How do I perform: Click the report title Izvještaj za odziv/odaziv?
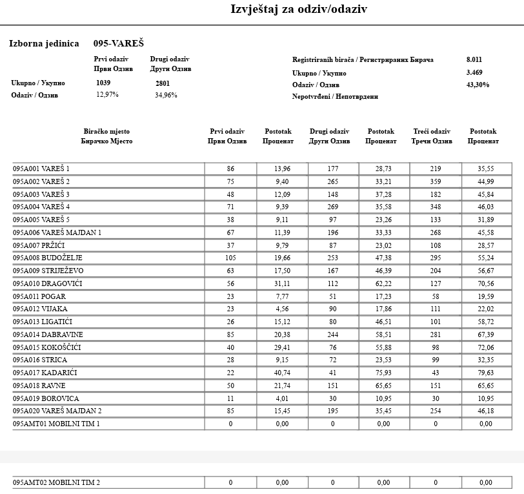(299, 9)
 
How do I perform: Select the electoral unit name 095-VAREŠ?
(119, 43)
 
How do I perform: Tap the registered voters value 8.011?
(475, 59)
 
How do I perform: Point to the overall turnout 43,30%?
(478, 85)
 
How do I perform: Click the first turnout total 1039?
(103, 83)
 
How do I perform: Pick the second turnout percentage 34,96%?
(166, 96)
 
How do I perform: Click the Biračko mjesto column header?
(106, 136)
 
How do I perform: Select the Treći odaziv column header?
(432, 136)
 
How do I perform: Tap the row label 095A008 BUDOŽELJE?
(48, 258)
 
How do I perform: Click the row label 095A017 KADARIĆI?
(45, 373)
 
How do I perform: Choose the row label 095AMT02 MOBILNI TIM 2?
(57, 482)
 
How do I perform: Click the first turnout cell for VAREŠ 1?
(230, 169)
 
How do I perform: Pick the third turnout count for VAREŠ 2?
(436, 181)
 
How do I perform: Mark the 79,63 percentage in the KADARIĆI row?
(486, 373)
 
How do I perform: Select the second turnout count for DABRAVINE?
(333, 334)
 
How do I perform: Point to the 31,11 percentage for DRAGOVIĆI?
(282, 283)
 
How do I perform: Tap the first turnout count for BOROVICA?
(230, 398)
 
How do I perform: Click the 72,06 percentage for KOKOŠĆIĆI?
(486, 347)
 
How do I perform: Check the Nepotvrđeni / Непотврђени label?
(335, 96)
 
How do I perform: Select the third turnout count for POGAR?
(436, 296)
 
